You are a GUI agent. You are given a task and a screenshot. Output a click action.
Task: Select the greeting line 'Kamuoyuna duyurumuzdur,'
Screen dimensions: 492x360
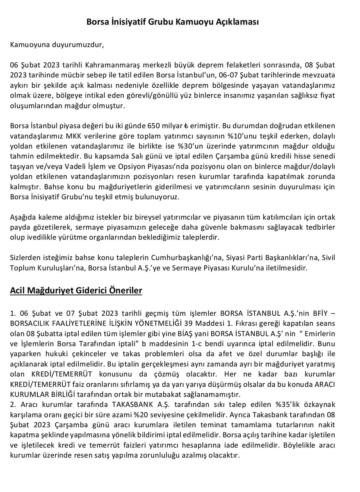click(57, 44)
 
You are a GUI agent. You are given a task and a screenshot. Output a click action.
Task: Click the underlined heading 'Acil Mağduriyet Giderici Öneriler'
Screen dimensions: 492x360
click(76, 291)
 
